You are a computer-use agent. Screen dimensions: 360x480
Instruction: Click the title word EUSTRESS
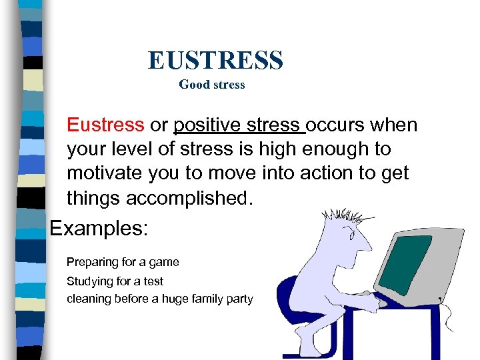215,60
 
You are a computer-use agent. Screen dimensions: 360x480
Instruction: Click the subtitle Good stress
212,85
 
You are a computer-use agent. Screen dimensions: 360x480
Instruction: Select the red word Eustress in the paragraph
105,125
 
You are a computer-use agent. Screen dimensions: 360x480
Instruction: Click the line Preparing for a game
123,262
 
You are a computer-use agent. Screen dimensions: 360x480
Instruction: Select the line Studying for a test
115,281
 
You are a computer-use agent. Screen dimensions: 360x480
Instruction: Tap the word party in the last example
239,299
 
